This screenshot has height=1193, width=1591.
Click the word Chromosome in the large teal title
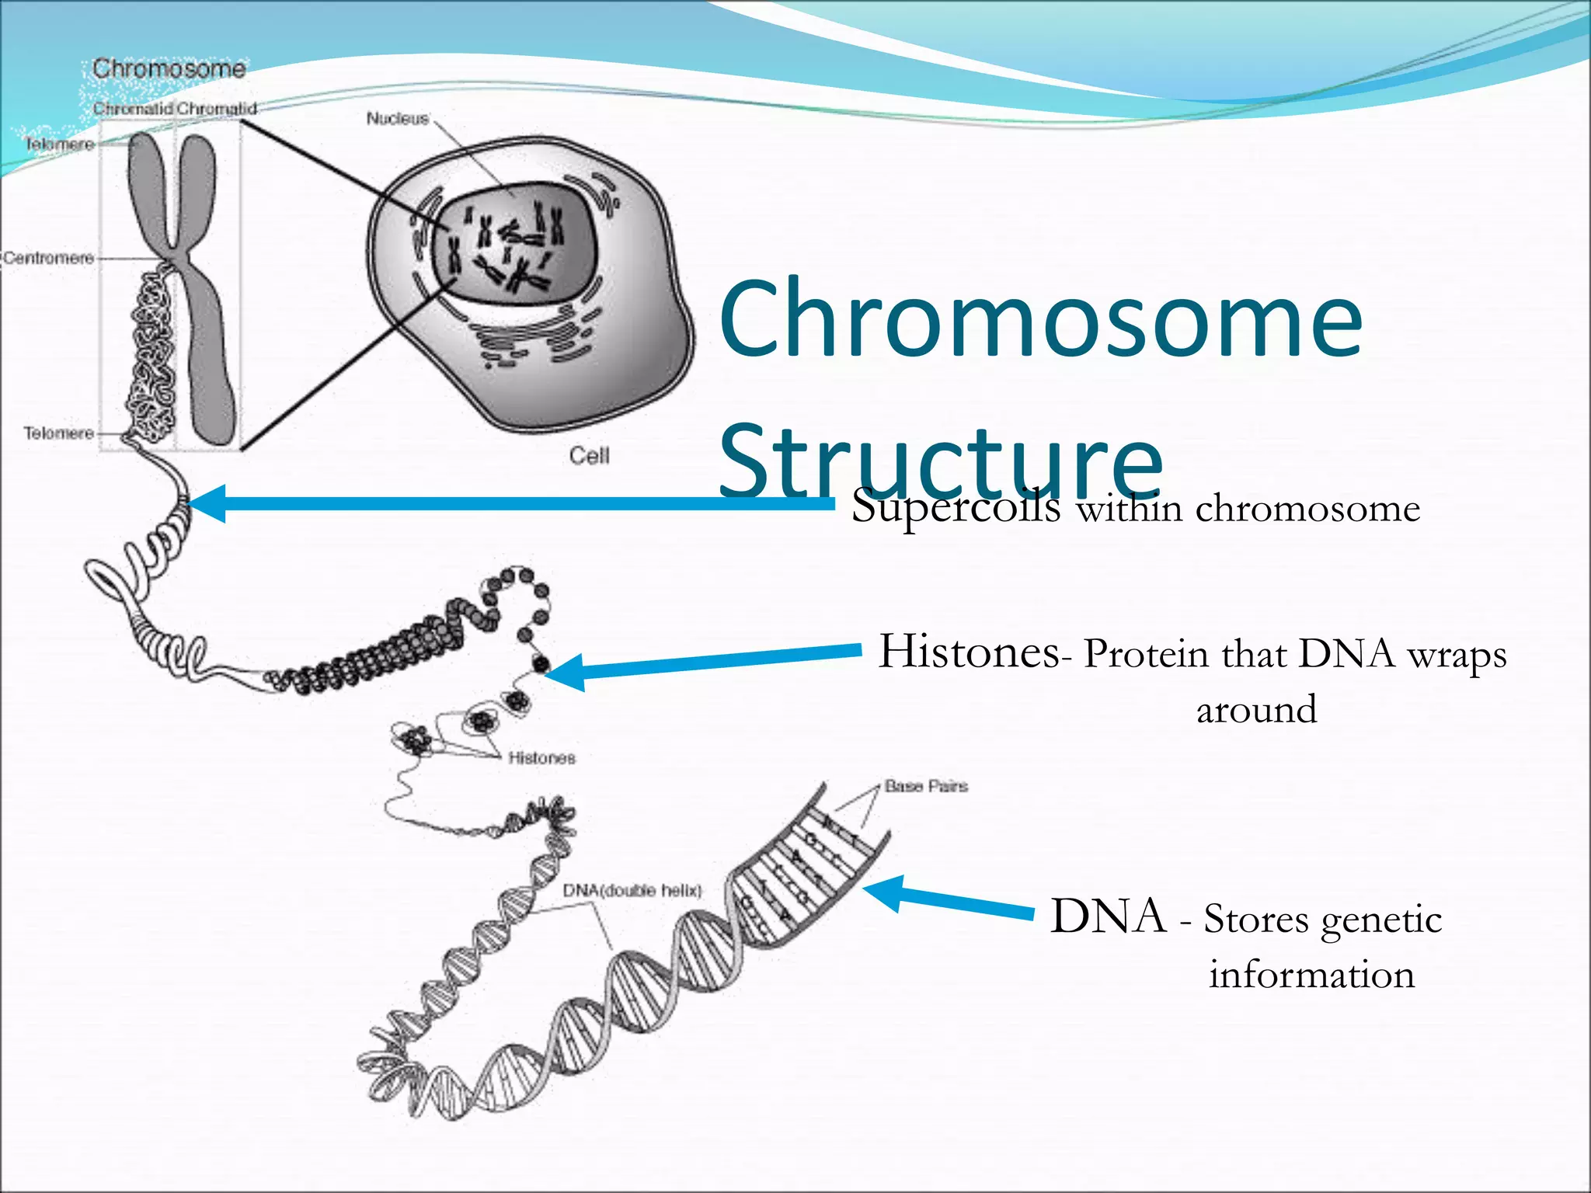click(1041, 320)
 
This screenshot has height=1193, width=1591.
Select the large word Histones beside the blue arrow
click(968, 652)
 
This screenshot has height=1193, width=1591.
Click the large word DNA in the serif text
click(1108, 916)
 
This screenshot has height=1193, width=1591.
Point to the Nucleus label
click(397, 119)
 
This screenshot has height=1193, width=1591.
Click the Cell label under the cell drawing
click(589, 456)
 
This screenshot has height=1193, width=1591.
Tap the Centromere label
click(48, 258)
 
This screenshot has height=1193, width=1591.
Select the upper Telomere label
click(59, 144)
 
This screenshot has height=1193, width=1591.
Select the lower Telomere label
click(58, 433)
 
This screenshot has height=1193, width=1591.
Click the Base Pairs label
click(926, 787)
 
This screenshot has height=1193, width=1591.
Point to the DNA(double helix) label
click(632, 891)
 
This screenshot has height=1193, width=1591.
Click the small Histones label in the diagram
click(541, 758)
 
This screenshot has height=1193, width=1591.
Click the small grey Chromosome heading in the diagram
click(169, 69)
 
